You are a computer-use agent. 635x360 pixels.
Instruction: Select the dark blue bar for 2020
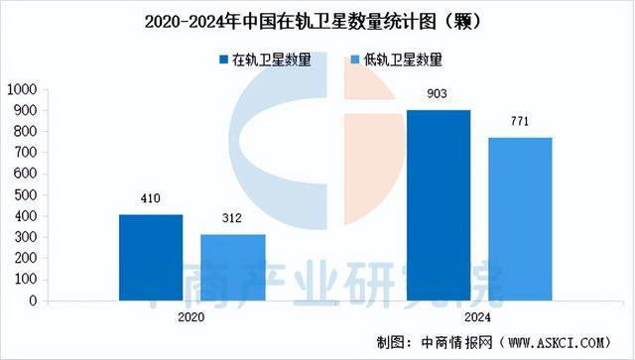click(x=151, y=257)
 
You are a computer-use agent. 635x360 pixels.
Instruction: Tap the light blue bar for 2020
click(x=232, y=267)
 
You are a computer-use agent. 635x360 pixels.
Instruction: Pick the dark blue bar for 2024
click(x=439, y=204)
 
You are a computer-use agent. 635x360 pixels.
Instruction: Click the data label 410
click(x=151, y=198)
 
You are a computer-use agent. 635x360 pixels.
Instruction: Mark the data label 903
click(x=439, y=94)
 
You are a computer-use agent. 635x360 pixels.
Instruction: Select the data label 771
click(x=520, y=122)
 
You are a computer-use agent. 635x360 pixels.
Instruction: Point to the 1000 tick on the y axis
click(x=23, y=89)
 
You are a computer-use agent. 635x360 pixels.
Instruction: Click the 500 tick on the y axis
click(x=27, y=194)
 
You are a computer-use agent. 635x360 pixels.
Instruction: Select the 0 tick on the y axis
click(x=34, y=300)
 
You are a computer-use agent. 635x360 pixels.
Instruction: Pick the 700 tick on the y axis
click(x=27, y=153)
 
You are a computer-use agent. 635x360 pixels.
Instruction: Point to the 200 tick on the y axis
click(x=27, y=258)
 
